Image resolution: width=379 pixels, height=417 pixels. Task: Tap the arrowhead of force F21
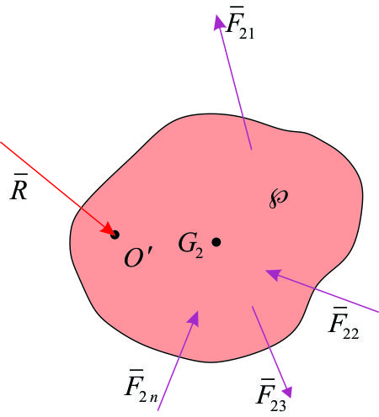219,22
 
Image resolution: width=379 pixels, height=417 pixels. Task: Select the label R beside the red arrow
19,187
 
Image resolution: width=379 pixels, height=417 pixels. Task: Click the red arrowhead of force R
108,229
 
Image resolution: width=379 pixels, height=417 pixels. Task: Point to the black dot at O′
115,235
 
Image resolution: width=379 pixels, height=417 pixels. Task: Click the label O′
138,256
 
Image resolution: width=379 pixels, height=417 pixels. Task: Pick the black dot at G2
216,242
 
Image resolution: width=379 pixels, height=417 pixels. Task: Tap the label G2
191,245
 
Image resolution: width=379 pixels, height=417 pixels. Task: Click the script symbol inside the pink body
278,198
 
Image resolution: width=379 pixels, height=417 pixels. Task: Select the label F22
344,324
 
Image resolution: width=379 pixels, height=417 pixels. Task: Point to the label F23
271,395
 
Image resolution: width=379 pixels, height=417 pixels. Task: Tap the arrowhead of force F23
287,392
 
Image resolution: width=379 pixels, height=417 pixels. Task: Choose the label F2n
141,387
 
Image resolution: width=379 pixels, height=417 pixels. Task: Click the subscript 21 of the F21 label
247,34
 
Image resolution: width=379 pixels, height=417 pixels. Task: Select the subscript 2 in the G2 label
199,253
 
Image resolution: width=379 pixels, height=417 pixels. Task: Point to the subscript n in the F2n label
153,398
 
